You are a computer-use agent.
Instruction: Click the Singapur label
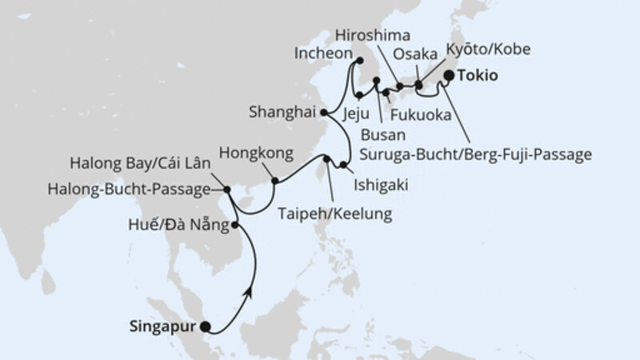(163, 326)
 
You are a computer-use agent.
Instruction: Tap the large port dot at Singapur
(206, 326)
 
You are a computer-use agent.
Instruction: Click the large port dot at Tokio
(449, 76)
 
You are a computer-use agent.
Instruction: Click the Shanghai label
(282, 113)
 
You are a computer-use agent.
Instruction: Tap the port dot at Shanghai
(323, 114)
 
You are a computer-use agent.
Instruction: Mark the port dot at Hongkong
(274, 181)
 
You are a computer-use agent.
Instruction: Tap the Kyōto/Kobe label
(487, 50)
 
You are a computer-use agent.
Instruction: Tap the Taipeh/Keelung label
(335, 214)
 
